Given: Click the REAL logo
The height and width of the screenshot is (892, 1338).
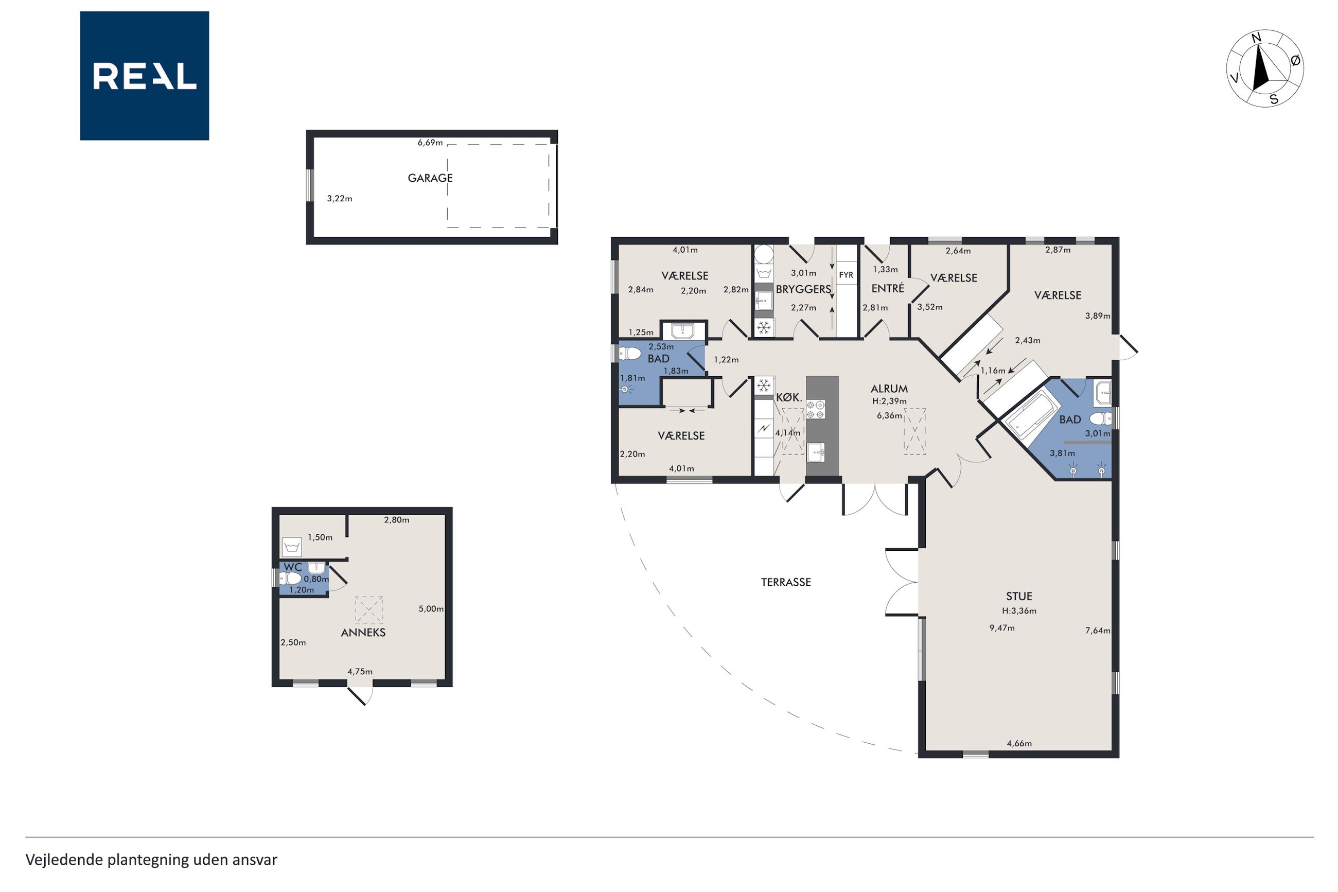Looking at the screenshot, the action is tap(145, 76).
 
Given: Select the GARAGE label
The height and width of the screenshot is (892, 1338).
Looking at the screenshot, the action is tap(430, 178).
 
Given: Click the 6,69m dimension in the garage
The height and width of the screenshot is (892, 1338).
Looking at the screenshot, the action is tap(430, 143).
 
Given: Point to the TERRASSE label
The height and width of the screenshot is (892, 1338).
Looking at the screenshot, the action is tap(786, 582).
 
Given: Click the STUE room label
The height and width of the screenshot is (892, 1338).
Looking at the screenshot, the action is tap(1018, 596).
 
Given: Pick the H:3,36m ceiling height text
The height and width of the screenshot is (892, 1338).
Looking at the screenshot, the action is tap(1019, 611).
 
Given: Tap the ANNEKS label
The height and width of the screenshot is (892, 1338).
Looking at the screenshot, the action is tap(363, 632).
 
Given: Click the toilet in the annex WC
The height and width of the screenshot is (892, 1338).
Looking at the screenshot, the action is tap(291, 579).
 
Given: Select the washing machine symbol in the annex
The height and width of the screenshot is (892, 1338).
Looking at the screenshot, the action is tap(292, 547).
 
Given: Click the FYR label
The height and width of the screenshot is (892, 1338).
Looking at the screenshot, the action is tap(846, 275).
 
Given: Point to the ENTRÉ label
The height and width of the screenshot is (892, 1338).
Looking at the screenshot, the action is tap(887, 288).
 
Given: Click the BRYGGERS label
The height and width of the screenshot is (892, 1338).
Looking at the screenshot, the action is tap(803, 289).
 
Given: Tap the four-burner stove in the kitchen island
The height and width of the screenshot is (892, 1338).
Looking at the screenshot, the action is tap(816, 410).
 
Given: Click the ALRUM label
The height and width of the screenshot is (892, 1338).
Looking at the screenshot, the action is tap(889, 389).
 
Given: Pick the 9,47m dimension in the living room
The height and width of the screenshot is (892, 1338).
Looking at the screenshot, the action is tap(1002, 628).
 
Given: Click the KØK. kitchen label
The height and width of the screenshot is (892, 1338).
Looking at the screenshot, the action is tap(789, 398).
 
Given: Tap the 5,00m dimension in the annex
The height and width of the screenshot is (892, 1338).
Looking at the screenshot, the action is tap(431, 609).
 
